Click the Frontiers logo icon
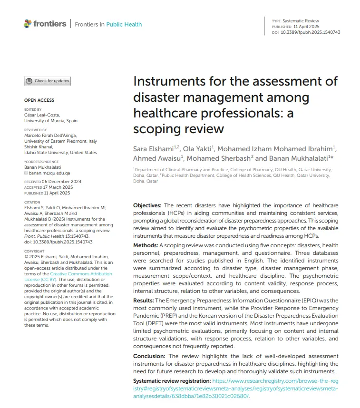pos(28,23)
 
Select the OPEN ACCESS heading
pos(39,100)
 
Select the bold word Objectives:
pos(148,205)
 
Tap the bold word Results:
pos(144,301)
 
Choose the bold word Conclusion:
pos(149,356)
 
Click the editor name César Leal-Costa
pos(42,116)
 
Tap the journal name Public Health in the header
pos(124,24)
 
